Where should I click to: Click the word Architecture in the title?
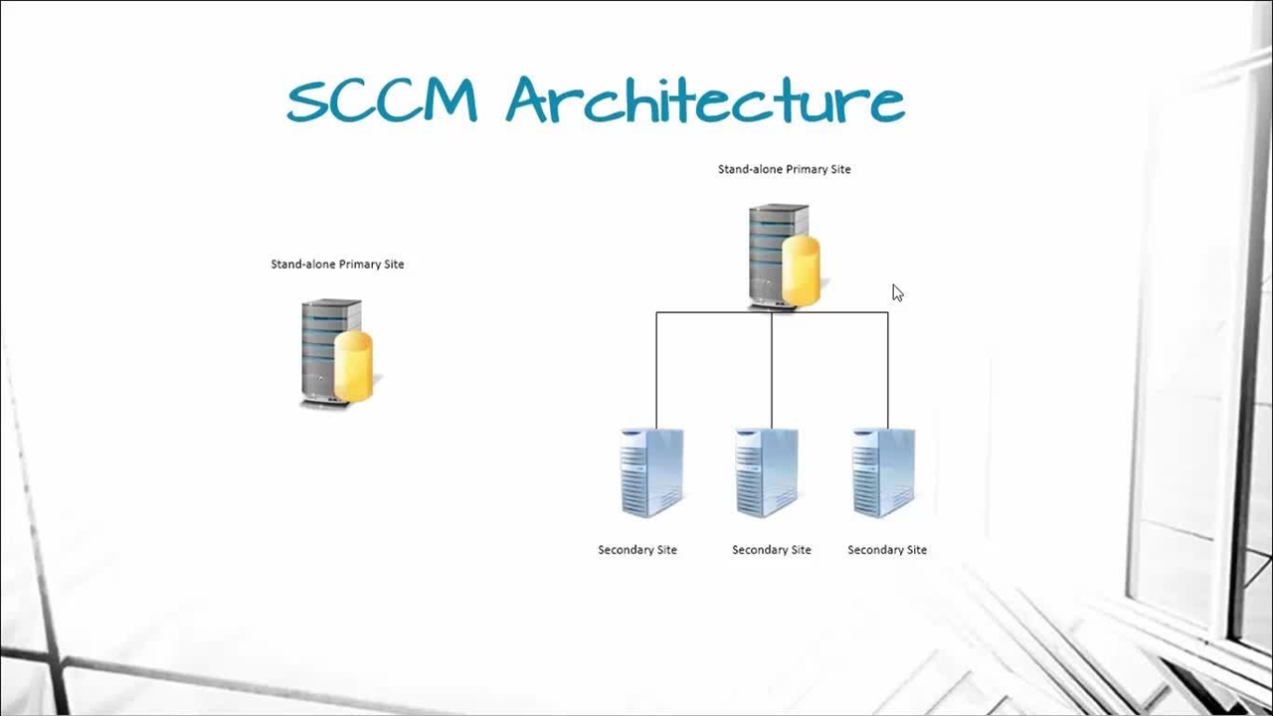click(705, 100)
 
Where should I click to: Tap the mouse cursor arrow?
click(897, 292)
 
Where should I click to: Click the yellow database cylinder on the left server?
click(354, 366)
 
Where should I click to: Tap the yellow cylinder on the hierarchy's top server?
click(801, 270)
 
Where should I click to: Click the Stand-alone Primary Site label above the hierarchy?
click(784, 169)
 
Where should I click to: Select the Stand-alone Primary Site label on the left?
click(337, 264)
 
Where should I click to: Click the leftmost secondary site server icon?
click(651, 472)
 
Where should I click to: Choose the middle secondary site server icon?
click(766, 472)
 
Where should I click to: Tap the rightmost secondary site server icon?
click(883, 472)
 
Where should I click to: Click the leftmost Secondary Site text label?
click(637, 550)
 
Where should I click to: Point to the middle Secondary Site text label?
click(772, 550)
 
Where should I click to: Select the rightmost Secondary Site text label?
click(887, 550)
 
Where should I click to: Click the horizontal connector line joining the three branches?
click(714, 312)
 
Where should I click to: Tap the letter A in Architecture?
click(533, 100)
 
